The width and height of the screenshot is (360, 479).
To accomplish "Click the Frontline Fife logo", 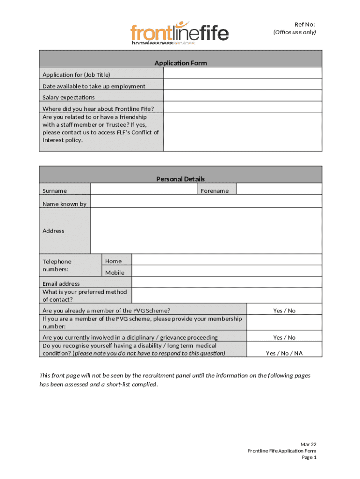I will [x=180, y=33].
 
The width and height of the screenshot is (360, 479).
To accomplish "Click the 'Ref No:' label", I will [x=304, y=24].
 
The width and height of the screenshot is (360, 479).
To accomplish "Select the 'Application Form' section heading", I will [x=180, y=63].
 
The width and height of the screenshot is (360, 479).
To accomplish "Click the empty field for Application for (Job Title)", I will [x=242, y=73].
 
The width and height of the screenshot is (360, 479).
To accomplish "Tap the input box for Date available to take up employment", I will [x=242, y=85].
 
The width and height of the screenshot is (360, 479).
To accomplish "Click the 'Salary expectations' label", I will [x=69, y=97].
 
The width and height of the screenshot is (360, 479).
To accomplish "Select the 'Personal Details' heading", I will [x=180, y=179].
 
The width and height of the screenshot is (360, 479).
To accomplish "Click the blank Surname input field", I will [x=144, y=189].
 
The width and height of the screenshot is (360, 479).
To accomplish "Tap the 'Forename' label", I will [x=215, y=190].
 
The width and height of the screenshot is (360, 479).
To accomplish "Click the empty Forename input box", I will [x=279, y=189].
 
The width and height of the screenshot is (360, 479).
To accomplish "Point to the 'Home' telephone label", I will [x=114, y=261].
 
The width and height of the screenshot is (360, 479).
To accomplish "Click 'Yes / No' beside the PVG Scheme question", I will [x=284, y=311].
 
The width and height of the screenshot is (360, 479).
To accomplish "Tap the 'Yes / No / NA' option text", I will [x=284, y=353].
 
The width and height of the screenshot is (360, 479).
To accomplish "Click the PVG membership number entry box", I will [x=284, y=322].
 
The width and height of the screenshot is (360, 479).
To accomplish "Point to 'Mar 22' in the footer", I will [x=308, y=444].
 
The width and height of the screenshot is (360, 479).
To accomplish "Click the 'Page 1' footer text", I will [x=309, y=457].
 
